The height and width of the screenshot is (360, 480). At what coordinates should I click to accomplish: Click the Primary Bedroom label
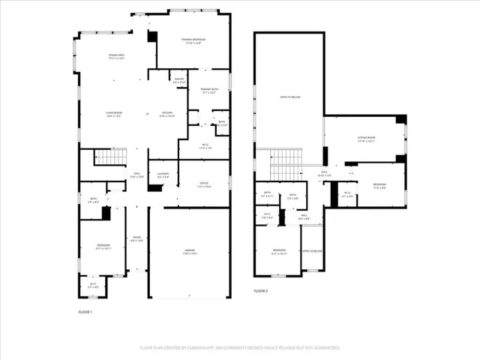(x=193, y=40)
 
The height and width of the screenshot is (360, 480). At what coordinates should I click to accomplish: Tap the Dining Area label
(x=115, y=56)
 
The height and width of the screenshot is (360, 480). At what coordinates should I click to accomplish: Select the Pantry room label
(x=178, y=79)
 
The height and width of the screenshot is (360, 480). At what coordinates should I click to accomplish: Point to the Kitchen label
(x=168, y=115)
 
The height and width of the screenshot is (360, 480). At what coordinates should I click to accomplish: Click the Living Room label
(x=114, y=115)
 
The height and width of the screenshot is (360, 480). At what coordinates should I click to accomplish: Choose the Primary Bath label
(x=209, y=91)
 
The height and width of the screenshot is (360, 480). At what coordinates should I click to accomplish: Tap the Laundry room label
(x=163, y=175)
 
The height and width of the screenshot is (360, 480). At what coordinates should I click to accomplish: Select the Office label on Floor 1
(x=203, y=184)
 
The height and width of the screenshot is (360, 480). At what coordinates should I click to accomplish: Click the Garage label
(x=189, y=253)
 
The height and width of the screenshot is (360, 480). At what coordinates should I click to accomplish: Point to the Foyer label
(x=136, y=240)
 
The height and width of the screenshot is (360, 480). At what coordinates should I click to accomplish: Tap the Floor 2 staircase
(x=285, y=158)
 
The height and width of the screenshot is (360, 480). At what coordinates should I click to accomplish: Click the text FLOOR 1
(x=86, y=311)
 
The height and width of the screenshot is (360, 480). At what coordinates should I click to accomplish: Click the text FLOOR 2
(x=261, y=290)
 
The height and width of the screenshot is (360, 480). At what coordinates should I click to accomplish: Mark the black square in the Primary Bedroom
(x=152, y=37)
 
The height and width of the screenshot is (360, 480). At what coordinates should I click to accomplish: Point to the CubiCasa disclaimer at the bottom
(x=240, y=348)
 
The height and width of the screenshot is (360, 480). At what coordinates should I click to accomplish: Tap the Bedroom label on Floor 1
(x=103, y=247)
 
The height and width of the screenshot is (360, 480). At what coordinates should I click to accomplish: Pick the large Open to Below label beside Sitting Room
(x=288, y=97)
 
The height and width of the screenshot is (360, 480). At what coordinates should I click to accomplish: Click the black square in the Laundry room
(x=155, y=187)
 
